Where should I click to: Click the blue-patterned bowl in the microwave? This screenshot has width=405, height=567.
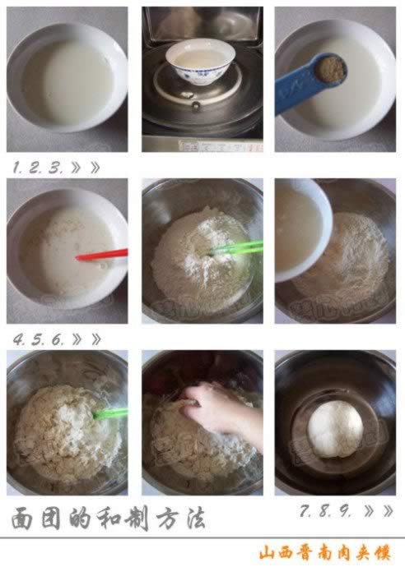200,62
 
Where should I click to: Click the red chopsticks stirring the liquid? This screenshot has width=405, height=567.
102,255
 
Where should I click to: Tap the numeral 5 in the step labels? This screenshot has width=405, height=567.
37,339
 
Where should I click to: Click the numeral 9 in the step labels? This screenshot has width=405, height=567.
344,510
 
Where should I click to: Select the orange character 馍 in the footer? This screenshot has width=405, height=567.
382,553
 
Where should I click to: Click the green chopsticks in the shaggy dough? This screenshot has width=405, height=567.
110,413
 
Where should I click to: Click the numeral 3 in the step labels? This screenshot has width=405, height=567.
56,168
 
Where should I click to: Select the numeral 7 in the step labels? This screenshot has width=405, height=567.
305,510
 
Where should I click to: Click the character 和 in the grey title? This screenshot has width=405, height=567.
109,519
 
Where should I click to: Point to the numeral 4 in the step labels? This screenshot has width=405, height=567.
18,339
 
